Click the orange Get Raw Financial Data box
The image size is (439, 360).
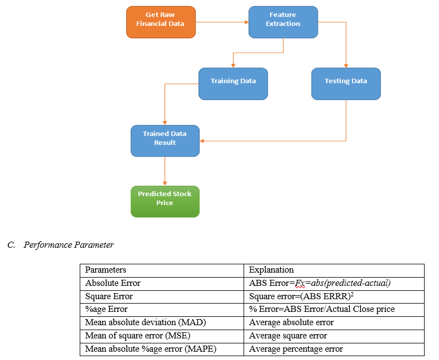161,22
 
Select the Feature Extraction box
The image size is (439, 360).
283,22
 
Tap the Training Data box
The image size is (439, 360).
233,84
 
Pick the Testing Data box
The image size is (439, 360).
346,84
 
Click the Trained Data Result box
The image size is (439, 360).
165,140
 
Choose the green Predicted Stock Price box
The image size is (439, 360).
165,201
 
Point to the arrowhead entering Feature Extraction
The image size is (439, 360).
247,22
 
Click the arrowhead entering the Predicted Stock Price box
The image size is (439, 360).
165,184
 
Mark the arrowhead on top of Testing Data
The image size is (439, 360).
346,66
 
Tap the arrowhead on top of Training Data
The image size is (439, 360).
233,66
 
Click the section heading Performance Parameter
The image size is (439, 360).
69,245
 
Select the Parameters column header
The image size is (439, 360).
106,270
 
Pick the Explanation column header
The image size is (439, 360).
271,270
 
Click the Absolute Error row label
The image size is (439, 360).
112,283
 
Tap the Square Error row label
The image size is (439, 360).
109,296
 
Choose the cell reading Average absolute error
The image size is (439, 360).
291,322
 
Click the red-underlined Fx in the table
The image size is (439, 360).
300,283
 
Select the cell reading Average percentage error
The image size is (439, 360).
296,349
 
